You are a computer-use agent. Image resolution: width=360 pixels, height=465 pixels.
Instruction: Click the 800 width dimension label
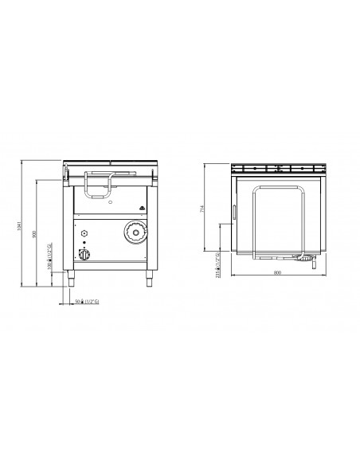pos(276,273)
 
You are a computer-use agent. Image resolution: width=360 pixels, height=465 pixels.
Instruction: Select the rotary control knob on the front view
pos(84,256)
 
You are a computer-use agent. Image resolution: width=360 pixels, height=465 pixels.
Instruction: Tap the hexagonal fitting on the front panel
pos(84,232)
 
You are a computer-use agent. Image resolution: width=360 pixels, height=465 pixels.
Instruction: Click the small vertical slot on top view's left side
pos(234,212)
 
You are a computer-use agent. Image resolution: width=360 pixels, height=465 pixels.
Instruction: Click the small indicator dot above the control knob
pos(84,245)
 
